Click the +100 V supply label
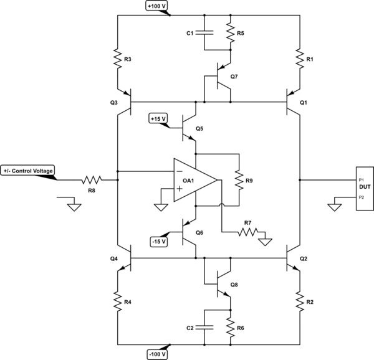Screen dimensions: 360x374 click(157, 6)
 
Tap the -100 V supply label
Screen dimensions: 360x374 click(156, 354)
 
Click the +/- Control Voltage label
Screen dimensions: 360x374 click(29, 171)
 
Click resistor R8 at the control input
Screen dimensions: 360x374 click(92, 181)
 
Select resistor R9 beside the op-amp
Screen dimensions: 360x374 click(239, 181)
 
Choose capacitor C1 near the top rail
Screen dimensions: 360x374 click(206, 32)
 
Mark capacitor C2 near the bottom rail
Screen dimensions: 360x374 click(206, 326)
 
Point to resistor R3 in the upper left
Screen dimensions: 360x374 click(118, 59)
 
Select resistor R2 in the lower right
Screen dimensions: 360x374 click(300, 300)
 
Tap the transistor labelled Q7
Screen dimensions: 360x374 click(221, 75)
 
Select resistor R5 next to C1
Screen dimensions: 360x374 click(230, 32)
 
